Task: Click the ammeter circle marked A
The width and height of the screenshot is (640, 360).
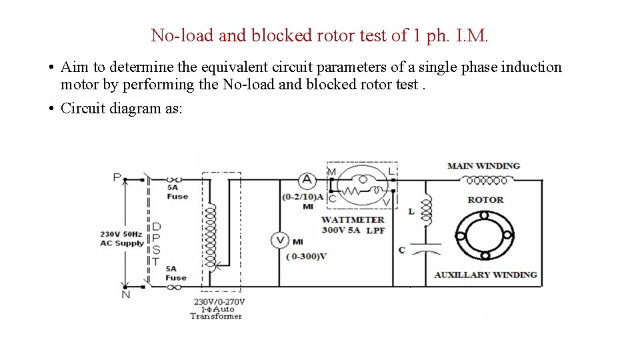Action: pyautogui.click(x=307, y=179)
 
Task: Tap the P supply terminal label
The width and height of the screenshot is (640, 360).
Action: pyautogui.click(x=117, y=177)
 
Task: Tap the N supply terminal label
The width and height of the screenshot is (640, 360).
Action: pyautogui.click(x=125, y=294)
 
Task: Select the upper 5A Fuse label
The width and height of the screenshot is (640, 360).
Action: pyautogui.click(x=177, y=192)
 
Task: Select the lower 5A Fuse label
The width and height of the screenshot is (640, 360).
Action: pyautogui.click(x=176, y=273)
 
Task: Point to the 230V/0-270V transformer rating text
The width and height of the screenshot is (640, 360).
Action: pyautogui.click(x=219, y=301)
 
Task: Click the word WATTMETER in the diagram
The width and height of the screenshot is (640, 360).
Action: pyautogui.click(x=353, y=219)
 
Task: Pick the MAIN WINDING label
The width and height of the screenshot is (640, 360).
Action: pyautogui.click(x=483, y=165)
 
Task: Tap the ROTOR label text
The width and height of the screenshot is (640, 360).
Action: pyautogui.click(x=485, y=199)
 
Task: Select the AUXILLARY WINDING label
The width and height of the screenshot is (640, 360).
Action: pyautogui.click(x=485, y=275)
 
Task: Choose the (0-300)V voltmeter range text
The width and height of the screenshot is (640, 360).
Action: pyautogui.click(x=306, y=257)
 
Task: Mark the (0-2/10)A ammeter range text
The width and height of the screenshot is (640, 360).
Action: pyautogui.click(x=302, y=197)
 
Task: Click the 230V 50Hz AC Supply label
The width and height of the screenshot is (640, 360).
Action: pyautogui.click(x=121, y=239)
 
